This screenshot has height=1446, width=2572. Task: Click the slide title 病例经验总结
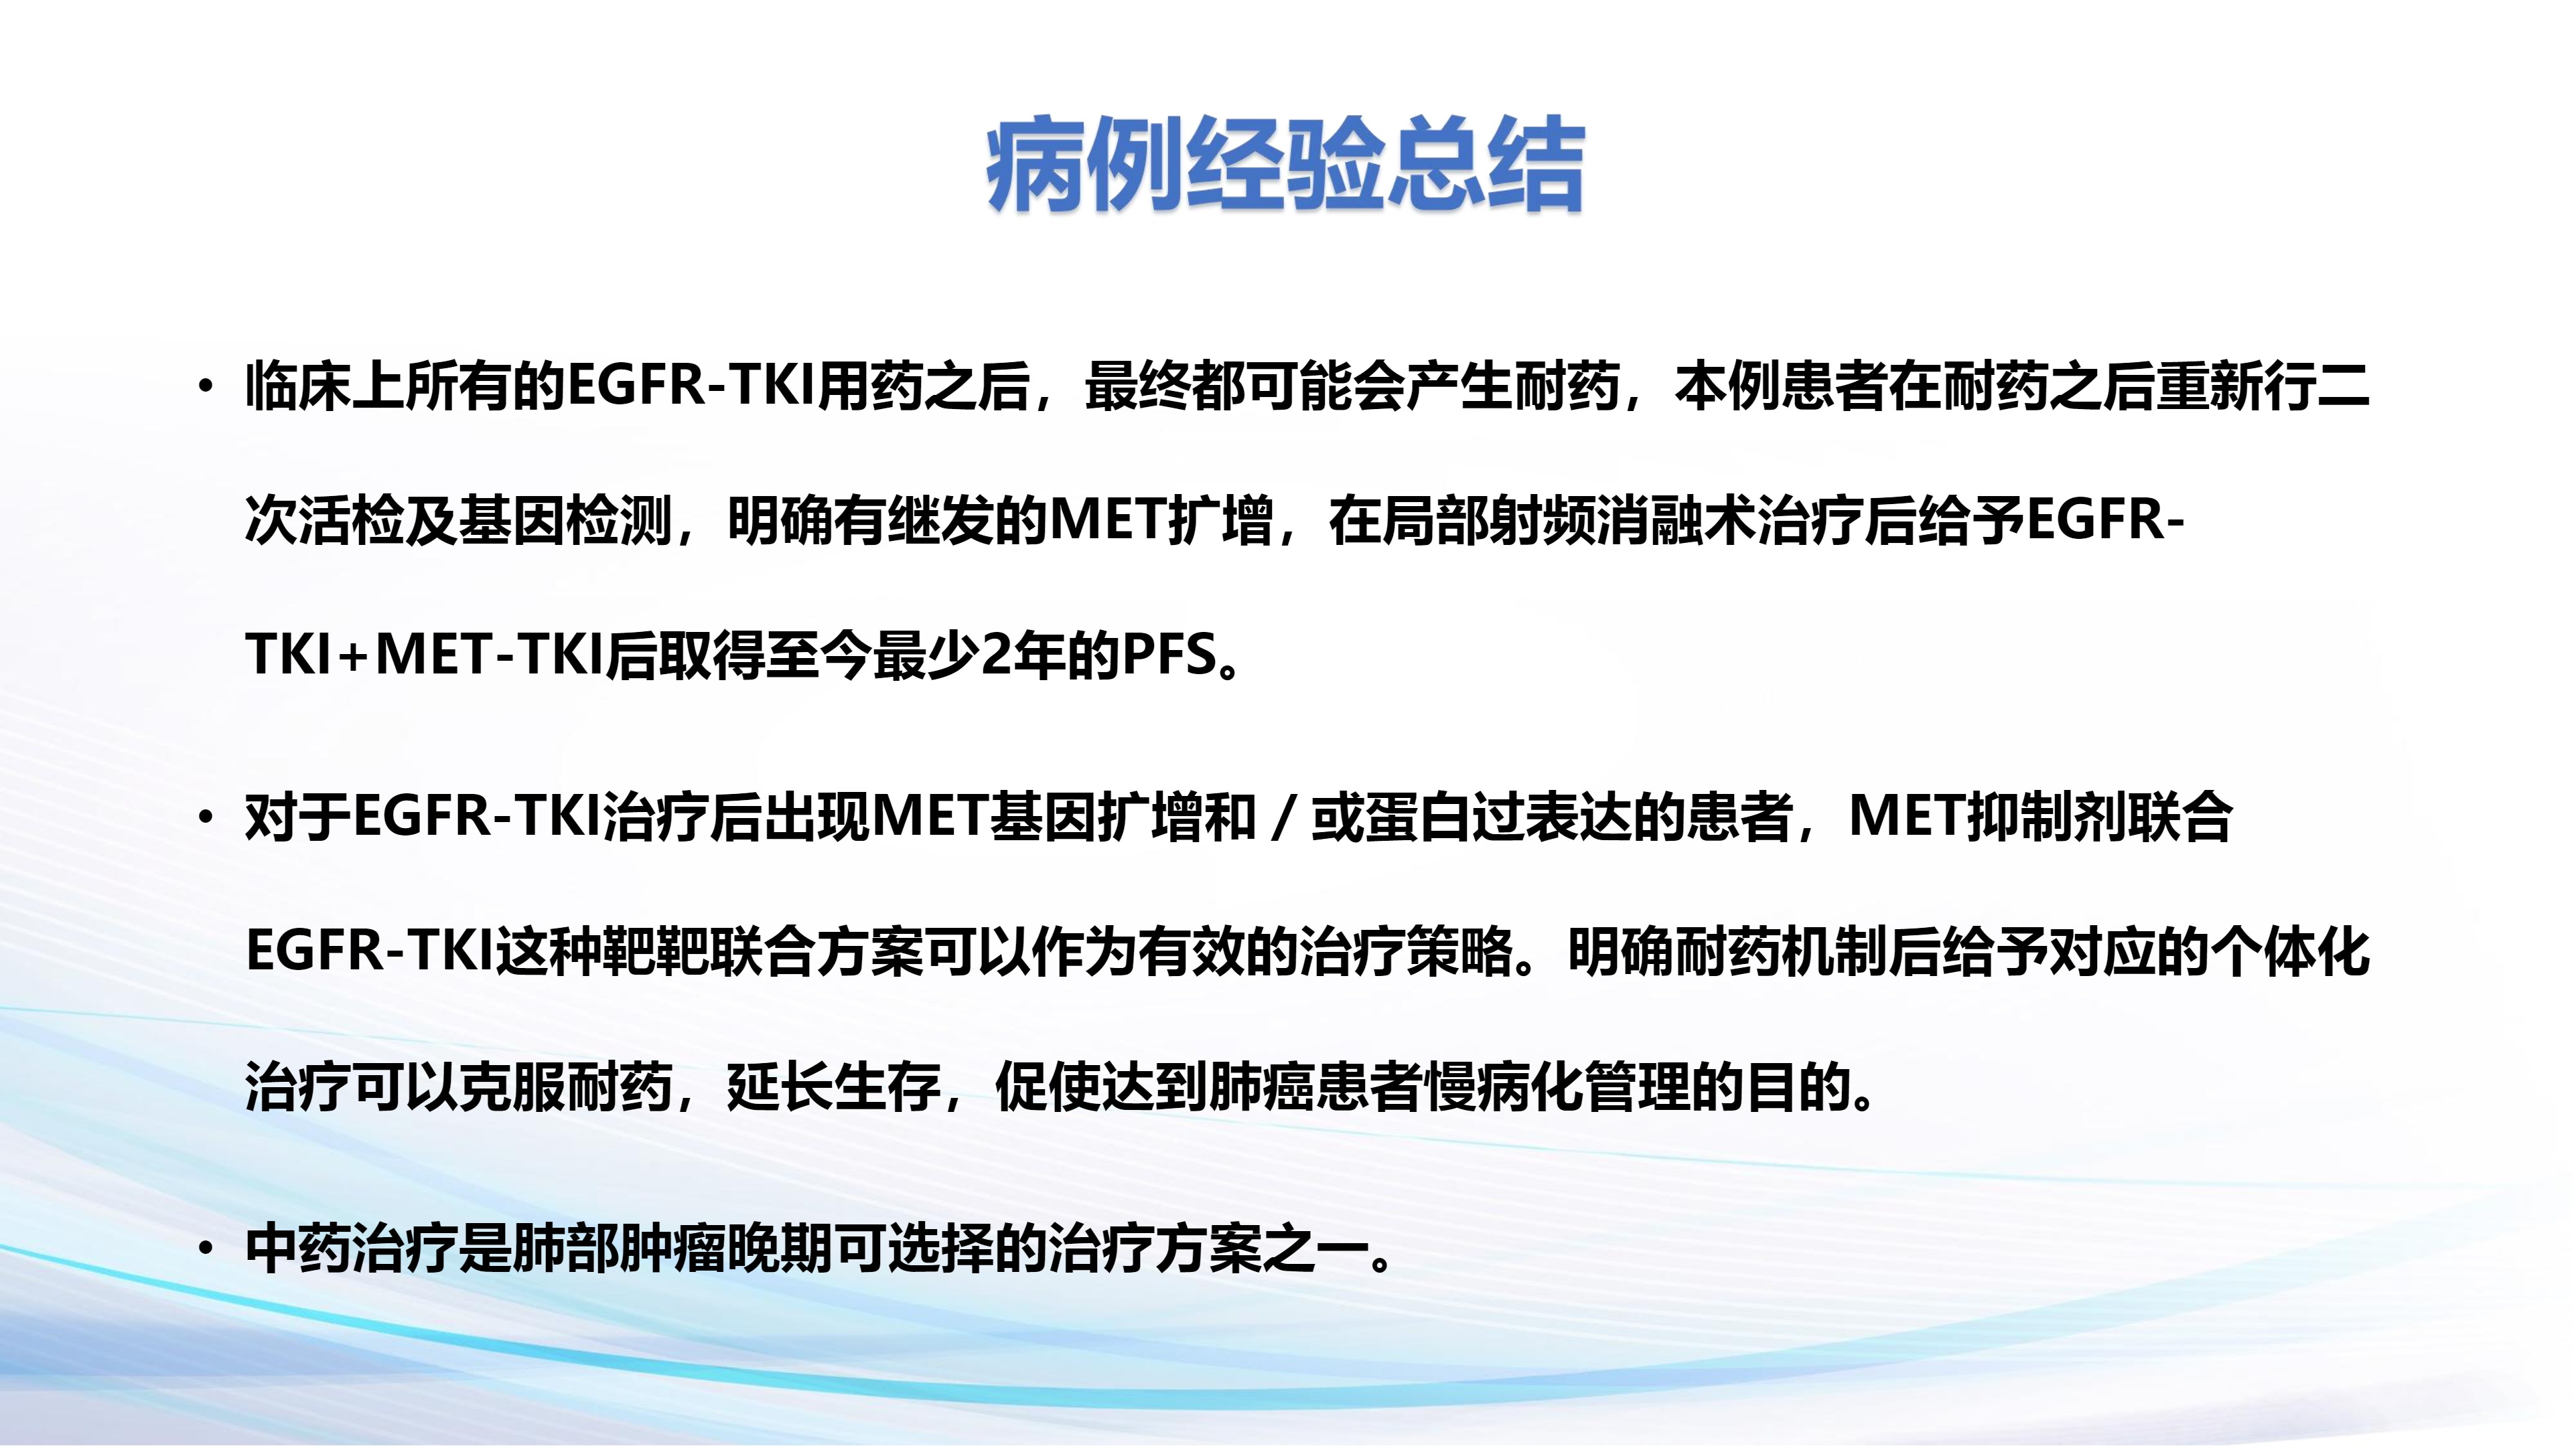[1285, 165]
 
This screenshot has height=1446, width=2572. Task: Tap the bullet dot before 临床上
[206, 387]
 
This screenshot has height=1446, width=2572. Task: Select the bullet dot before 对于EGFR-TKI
[206, 818]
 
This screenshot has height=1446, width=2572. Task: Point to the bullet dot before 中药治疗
[206, 1249]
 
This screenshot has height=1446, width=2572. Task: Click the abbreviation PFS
[1170, 655]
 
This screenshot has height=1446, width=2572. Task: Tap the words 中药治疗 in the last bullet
[352, 1249]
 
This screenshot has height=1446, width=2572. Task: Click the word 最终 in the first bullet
[1137, 386]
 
